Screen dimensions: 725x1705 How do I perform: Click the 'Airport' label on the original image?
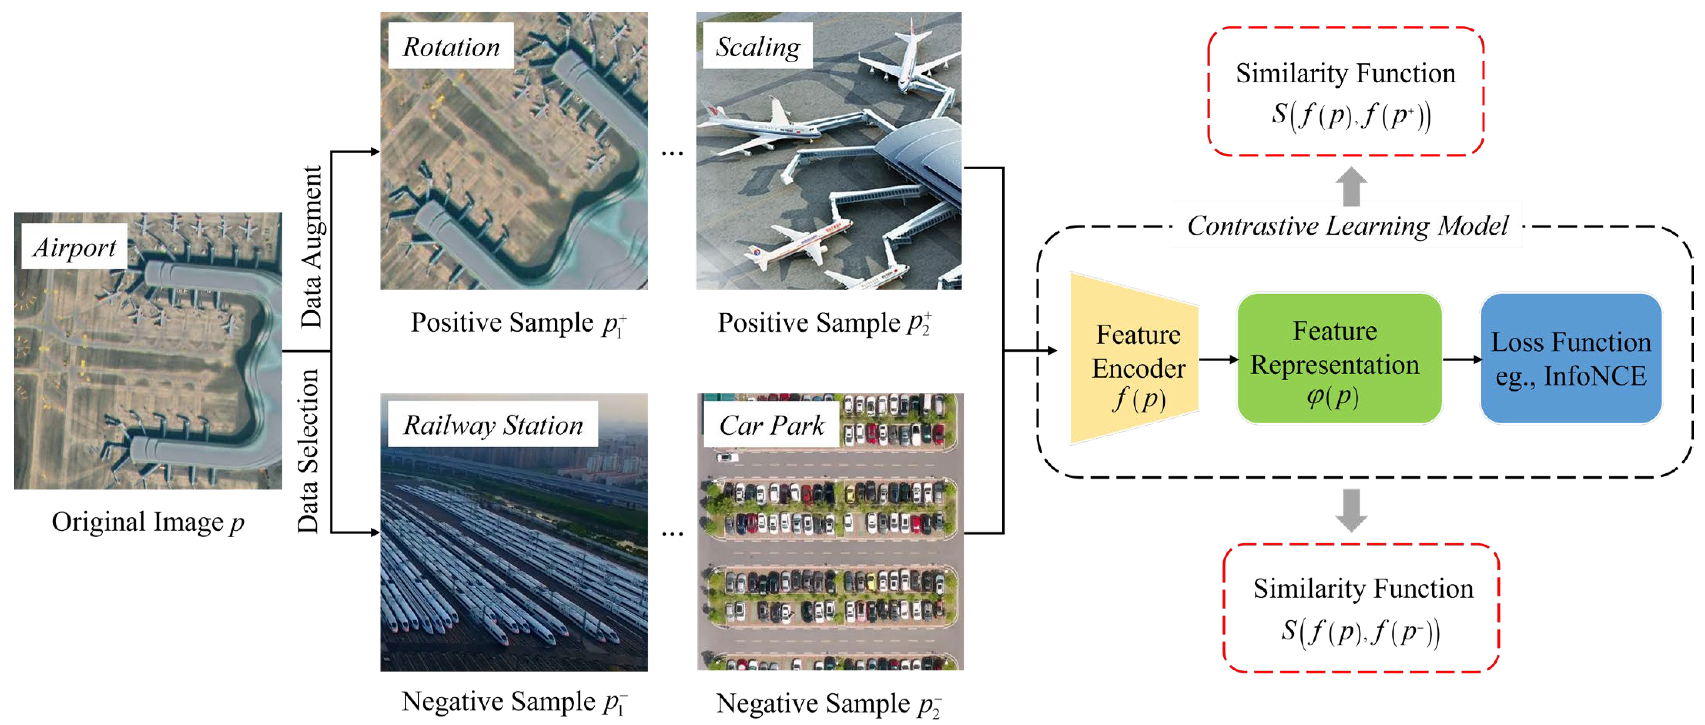74,247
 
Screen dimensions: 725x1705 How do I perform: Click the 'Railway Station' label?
493,425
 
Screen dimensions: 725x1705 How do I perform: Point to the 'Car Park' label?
772,425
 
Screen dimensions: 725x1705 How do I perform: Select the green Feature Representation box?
1339,359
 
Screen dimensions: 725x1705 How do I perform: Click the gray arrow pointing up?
1351,187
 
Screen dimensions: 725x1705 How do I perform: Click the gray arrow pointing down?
1351,510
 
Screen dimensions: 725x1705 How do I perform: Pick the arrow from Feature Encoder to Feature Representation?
1218,359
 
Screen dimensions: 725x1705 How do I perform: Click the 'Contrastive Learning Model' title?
1348,226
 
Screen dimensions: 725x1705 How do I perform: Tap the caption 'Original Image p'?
147,522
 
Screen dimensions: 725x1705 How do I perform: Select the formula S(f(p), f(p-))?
1360,632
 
